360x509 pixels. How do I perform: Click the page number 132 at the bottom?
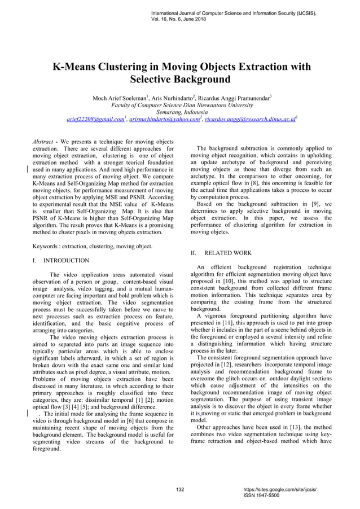coord(181,489)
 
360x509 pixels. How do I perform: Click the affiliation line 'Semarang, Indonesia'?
coord(180,112)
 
